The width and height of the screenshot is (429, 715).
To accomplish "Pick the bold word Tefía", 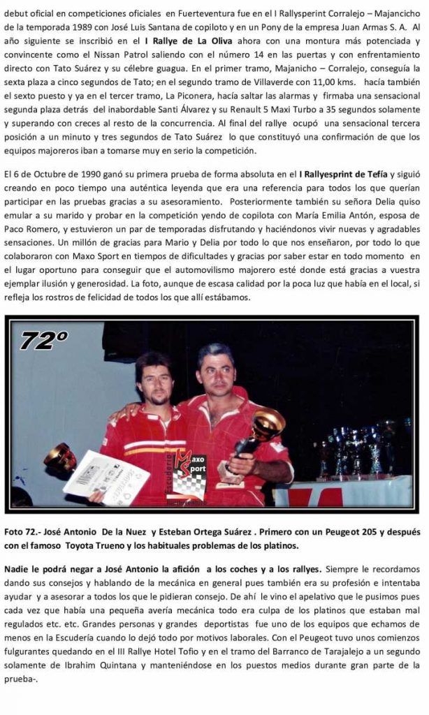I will (370, 174).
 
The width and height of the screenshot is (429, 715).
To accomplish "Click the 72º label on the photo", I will (44, 341).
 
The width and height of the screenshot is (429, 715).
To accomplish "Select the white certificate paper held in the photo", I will (106, 476).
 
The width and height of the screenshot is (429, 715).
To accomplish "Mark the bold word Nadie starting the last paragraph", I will (18, 568).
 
